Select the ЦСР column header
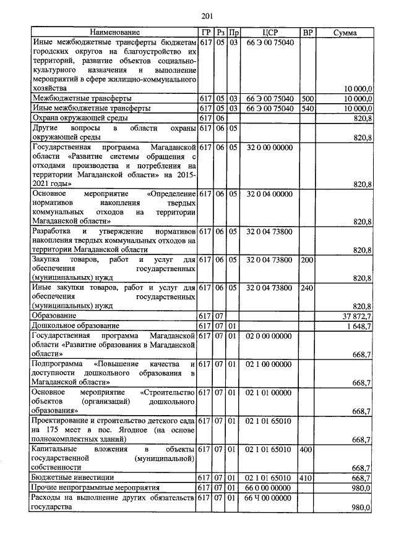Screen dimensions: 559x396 (269, 32)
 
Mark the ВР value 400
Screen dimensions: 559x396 (306, 449)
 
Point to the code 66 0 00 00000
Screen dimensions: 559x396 (269, 487)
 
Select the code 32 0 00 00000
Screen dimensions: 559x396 (269, 149)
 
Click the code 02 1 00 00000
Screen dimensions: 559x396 (269, 364)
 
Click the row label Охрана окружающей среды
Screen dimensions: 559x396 (80, 118)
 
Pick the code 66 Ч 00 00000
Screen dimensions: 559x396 (269, 497)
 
